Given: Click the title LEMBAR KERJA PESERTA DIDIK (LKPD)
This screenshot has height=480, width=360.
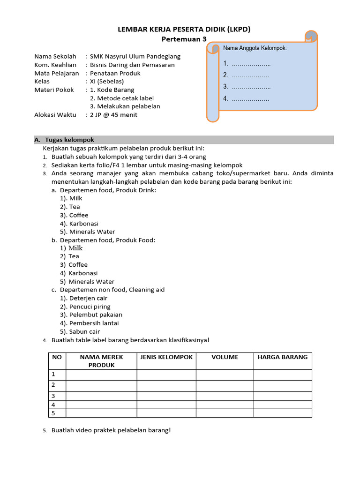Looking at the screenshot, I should pos(183,29).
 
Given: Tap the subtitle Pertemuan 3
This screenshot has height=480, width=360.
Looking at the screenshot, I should pos(183,39).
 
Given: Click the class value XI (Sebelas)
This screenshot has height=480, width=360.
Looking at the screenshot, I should pos(107,81).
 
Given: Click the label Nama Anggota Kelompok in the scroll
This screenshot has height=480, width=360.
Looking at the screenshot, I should pos(255,48).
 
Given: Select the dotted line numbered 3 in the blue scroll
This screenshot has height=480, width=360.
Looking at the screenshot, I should pos(250,87).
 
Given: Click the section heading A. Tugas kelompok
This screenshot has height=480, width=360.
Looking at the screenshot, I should pos(64,140).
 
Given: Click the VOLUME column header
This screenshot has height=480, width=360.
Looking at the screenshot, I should pos(225,357).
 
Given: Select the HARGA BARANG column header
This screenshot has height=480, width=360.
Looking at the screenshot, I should pos(282,357).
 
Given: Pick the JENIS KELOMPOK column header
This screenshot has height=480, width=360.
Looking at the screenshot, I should pos(166,357).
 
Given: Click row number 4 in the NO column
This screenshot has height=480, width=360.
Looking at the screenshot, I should pos(53,405).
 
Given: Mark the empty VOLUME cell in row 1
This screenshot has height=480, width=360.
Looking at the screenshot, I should pos(225,375).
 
